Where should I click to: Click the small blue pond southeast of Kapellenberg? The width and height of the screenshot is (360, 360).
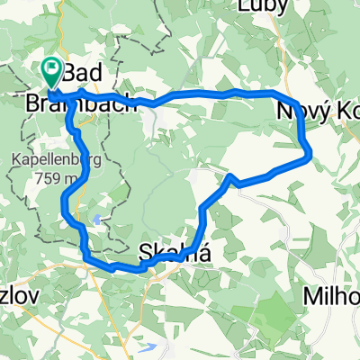[96, 219]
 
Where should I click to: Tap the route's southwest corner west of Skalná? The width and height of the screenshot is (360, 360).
[86, 260]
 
